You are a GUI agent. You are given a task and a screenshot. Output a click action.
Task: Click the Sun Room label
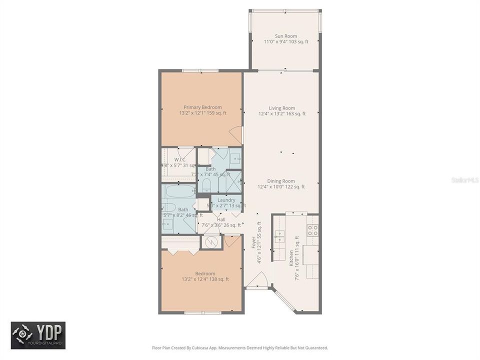pyautogui.click(x=285, y=36)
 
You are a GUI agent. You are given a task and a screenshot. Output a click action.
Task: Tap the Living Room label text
pyautogui.click(x=281, y=108)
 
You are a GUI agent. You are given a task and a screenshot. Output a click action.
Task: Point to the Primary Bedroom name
pyautogui.click(x=202, y=107)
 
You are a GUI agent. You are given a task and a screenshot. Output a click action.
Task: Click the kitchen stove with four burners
pyautogui.click(x=312, y=230)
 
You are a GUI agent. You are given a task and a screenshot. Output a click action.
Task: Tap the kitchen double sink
pyautogui.click(x=279, y=236)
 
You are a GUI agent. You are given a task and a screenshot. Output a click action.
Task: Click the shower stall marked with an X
pyautogui.click(x=233, y=182)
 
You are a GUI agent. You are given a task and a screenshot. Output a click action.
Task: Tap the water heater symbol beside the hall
pyautogui.click(x=211, y=242)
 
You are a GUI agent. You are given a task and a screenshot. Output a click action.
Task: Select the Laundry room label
pyautogui.click(x=226, y=200)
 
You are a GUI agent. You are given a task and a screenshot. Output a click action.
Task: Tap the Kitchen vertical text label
pyautogui.click(x=291, y=257)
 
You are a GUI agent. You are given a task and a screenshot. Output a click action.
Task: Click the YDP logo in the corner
pyautogui.click(x=38, y=335)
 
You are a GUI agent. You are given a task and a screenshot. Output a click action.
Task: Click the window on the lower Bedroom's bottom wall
pyautogui.click(x=202, y=313)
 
